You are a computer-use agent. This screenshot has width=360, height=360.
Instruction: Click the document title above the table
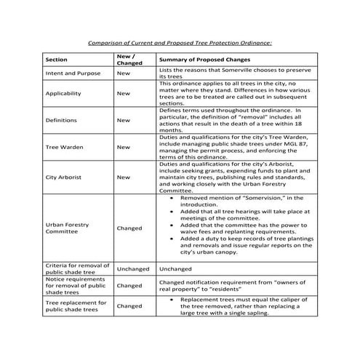[179, 43]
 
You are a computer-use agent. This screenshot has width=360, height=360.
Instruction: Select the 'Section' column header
[57, 59]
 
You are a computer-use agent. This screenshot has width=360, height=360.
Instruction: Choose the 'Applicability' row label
[63, 94]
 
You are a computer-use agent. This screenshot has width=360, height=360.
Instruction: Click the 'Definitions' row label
[61, 120]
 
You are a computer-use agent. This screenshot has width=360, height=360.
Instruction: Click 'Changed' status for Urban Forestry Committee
[129, 228]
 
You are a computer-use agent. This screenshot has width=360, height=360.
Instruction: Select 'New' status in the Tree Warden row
[124, 147]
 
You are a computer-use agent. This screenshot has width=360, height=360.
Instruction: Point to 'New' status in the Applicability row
[124, 94]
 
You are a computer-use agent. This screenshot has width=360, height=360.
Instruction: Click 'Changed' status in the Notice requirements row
[129, 286]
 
